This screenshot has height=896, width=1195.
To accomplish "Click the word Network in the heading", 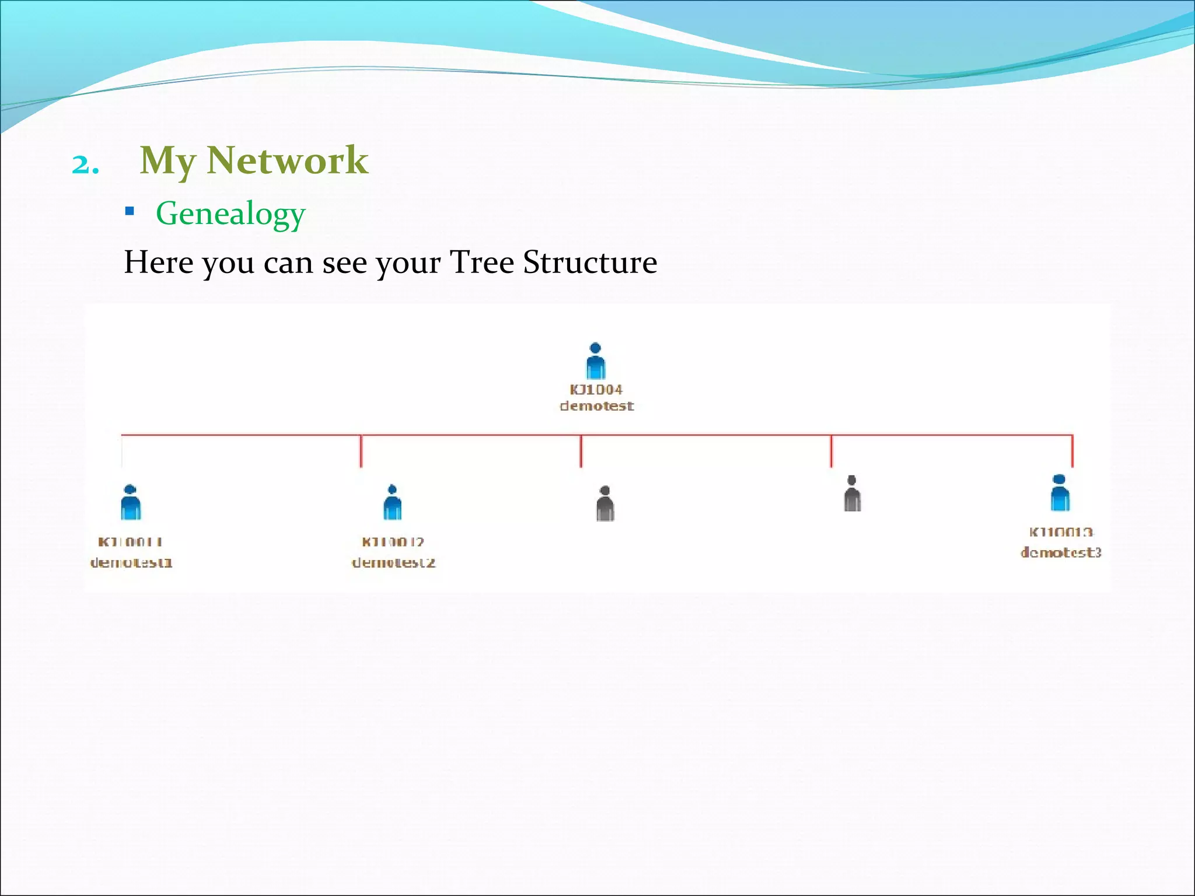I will (x=287, y=160).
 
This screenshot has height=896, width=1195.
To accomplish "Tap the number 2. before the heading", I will (x=85, y=165).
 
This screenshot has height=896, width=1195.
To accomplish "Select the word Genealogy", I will (x=230, y=213).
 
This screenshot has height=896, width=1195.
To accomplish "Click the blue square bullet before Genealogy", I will (x=130, y=211).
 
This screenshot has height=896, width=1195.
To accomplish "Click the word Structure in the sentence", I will (x=590, y=262).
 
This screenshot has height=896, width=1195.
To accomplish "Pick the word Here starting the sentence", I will (x=158, y=262).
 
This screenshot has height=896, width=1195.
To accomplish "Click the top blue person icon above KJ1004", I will (x=595, y=361).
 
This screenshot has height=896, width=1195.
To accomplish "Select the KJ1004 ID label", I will (x=596, y=390).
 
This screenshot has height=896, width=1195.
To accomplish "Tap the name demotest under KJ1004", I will (x=596, y=406).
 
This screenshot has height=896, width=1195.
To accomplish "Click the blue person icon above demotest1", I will (x=131, y=502).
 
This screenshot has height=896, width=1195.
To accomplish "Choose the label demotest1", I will (x=131, y=563).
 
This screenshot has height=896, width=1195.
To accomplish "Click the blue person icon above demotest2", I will (x=392, y=502).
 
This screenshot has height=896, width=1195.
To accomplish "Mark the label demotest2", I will (x=394, y=563).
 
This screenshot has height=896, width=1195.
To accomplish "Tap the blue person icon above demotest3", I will (x=1060, y=493).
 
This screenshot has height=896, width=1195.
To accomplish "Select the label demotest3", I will (x=1061, y=552).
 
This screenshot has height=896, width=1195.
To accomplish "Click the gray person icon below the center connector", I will (x=605, y=503).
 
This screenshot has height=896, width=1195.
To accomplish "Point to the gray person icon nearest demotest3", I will (x=852, y=494).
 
